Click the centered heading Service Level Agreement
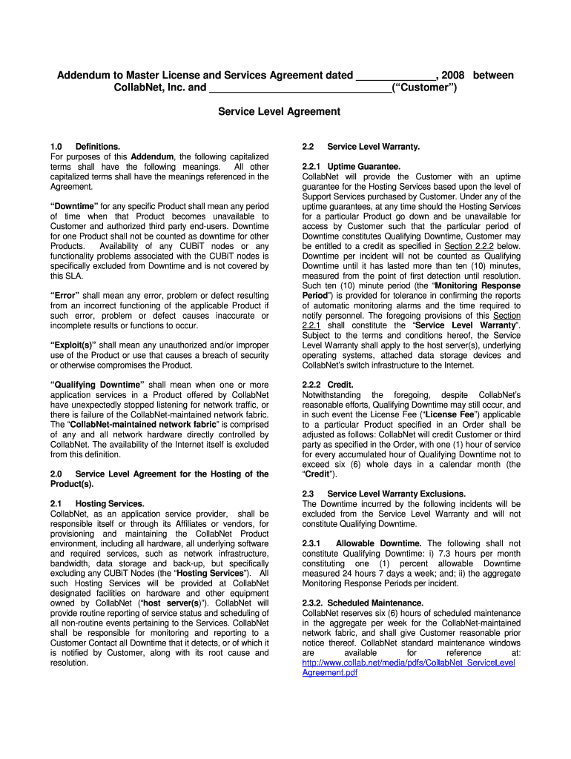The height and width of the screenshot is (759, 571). (278, 112)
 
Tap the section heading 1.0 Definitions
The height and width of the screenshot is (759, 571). (85, 147)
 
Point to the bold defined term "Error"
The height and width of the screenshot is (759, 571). (66, 295)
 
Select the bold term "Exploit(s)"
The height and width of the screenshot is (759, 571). (73, 345)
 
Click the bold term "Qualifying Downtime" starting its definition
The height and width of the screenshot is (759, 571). (97, 385)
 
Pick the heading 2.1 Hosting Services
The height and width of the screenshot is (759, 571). (96, 504)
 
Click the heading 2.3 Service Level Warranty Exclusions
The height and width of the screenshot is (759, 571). (383, 494)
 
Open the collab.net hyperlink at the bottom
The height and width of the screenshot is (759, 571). (408, 663)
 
